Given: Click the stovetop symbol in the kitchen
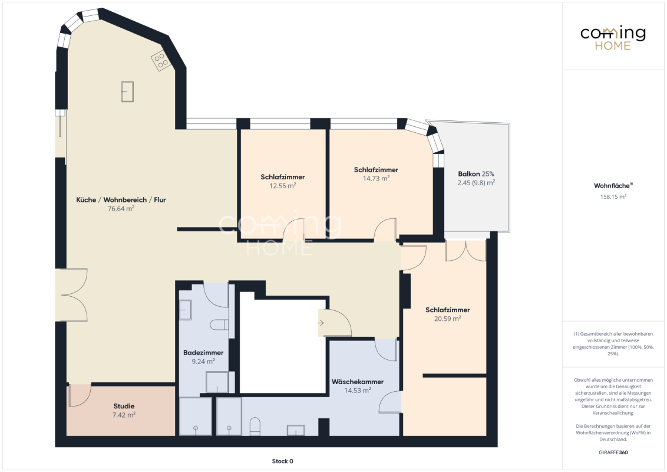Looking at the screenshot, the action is [161, 61].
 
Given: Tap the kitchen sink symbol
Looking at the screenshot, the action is [127, 91].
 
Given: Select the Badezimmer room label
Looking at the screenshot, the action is [203, 353].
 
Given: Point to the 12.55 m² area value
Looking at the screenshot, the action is [283, 186].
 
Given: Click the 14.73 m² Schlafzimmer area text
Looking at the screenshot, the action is [376, 179].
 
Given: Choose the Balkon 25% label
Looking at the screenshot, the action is [476, 174].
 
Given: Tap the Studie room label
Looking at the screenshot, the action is [124, 407].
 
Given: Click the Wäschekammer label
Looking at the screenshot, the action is [358, 382].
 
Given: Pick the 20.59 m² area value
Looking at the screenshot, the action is [447, 319].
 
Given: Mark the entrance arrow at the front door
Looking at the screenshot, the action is [321, 323].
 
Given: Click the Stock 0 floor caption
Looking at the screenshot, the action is [282, 461].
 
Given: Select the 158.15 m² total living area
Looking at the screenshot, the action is [613, 197].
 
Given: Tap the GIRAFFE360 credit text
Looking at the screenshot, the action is [613, 453].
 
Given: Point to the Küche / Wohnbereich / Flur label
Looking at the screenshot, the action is [121, 200].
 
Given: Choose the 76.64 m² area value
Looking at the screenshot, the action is [121, 209].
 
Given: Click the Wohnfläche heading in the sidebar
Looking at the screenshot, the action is [613, 186].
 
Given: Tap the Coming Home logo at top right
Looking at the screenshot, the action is [613, 38].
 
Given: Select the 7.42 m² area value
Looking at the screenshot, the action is [124, 415].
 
